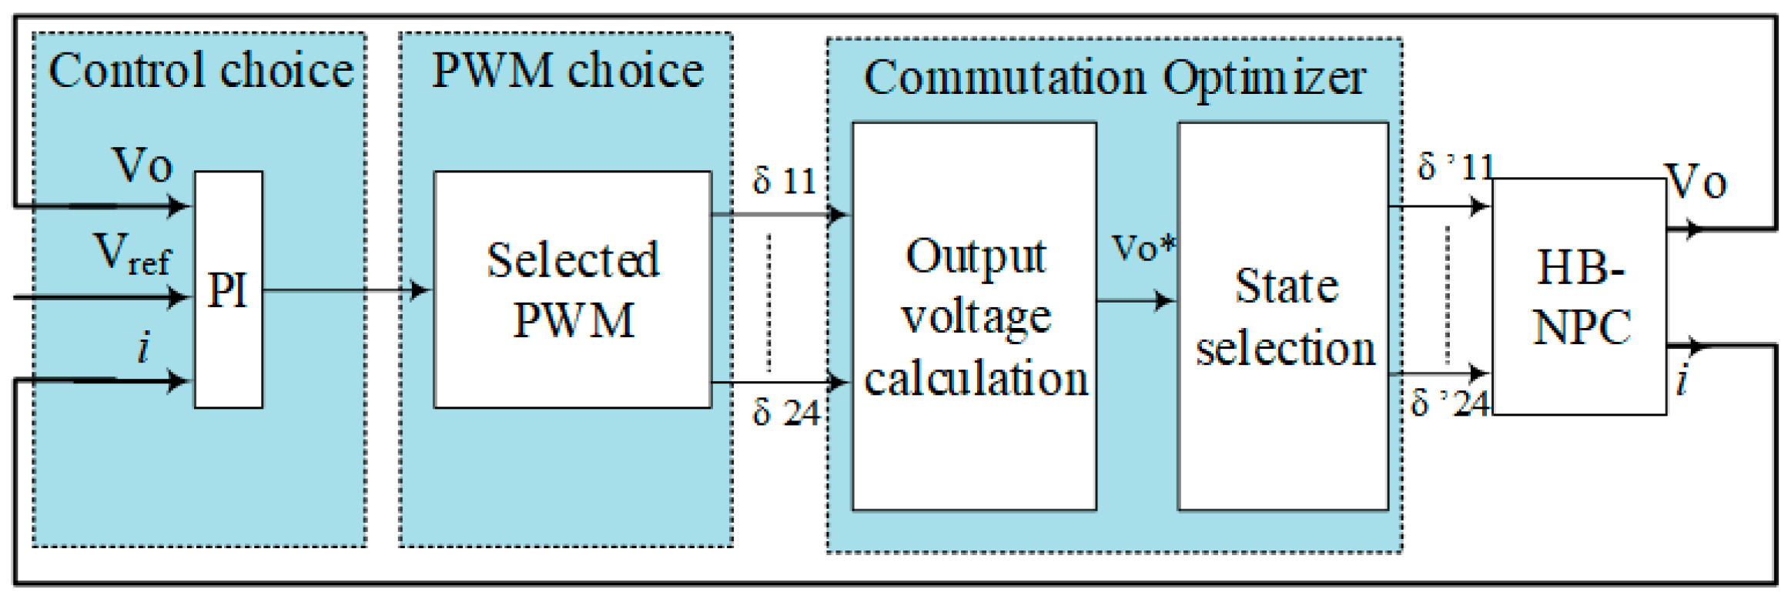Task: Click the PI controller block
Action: (x=228, y=289)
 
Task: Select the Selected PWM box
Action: (x=572, y=289)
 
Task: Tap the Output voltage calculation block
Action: (x=974, y=316)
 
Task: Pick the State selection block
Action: (x=1284, y=316)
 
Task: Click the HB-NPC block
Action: (x=1579, y=297)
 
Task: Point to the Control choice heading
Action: (x=200, y=71)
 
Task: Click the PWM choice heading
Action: (x=567, y=71)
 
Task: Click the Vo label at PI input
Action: (x=142, y=165)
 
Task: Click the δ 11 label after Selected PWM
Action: (x=784, y=182)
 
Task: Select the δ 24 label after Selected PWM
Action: (x=785, y=413)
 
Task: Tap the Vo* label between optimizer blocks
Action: (x=1143, y=248)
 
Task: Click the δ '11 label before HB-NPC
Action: (x=1455, y=166)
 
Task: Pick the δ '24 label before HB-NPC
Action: (x=1449, y=403)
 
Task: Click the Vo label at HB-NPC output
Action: (x=1696, y=183)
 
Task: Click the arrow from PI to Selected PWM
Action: (x=346, y=290)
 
